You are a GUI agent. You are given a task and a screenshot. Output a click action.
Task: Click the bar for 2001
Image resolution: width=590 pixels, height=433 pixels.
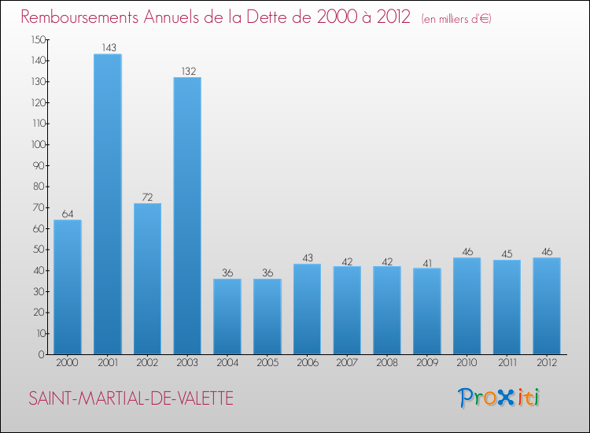click(x=108, y=204)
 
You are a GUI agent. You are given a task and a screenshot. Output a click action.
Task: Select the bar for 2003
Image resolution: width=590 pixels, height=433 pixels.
click(x=187, y=216)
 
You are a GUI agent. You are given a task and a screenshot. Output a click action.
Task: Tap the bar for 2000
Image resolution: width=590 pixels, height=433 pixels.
click(x=68, y=287)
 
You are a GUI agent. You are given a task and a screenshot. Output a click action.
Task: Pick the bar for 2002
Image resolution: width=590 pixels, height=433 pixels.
click(x=148, y=279)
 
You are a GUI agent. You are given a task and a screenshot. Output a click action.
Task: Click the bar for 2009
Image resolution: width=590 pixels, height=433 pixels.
click(x=427, y=311)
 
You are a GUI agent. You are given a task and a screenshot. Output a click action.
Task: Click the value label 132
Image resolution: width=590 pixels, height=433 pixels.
click(x=187, y=72)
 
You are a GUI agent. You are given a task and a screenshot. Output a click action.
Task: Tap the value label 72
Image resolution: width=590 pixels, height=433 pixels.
click(x=148, y=198)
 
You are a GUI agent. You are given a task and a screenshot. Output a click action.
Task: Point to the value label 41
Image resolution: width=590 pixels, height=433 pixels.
click(x=427, y=263)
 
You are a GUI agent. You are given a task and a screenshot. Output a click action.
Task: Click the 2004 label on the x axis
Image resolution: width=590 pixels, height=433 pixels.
click(x=227, y=364)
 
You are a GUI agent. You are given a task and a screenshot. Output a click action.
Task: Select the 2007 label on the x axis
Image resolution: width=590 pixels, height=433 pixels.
click(x=347, y=364)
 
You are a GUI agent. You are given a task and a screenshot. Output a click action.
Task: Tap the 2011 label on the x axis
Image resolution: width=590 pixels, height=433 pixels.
click(x=507, y=364)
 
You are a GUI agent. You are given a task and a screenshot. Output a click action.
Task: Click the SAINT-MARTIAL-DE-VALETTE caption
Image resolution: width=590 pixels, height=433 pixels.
click(x=131, y=398)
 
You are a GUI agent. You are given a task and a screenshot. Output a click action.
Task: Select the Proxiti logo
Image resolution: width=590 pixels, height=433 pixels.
click(x=500, y=398)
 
